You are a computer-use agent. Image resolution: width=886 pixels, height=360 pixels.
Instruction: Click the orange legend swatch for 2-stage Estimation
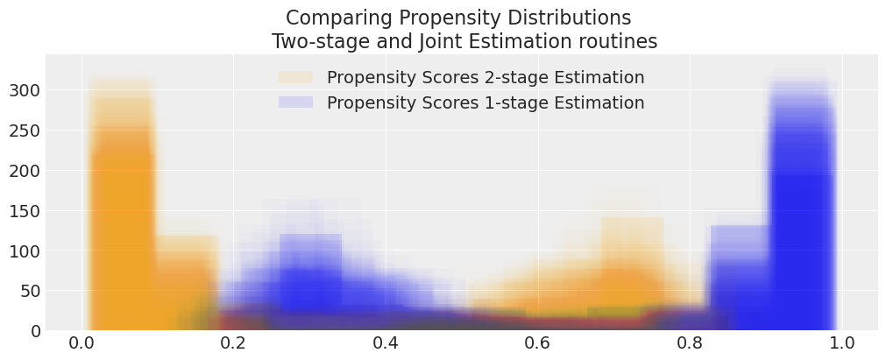(295, 78)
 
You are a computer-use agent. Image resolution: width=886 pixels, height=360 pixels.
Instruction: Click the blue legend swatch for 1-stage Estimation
(295, 102)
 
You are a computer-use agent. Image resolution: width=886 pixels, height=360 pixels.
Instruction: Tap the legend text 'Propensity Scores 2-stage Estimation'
(486, 78)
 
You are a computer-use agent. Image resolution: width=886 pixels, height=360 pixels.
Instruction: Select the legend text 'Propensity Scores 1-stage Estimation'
(486, 102)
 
